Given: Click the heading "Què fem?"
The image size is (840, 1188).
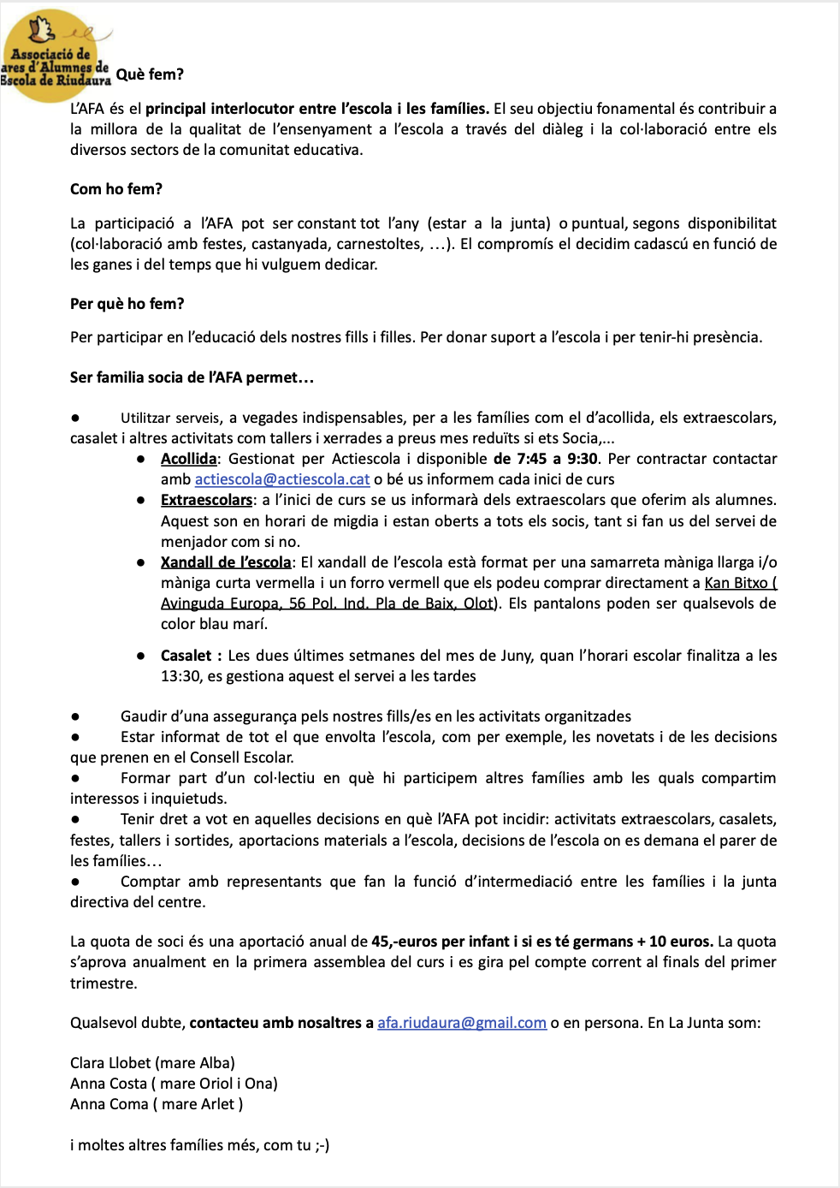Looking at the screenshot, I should tap(150, 74).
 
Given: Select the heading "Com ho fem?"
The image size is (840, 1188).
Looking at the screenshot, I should tap(116, 189).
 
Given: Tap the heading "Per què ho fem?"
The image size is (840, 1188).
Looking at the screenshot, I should tap(127, 304).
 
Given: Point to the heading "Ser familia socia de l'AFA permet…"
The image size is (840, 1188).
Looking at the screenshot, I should tap(192, 377).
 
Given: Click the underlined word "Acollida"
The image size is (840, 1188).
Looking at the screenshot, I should tap(188, 459).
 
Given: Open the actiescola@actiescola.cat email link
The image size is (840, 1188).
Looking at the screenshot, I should tap(282, 479).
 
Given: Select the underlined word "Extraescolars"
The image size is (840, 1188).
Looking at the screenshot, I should tap(206, 500).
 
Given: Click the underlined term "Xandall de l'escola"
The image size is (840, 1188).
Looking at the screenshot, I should tap(226, 562).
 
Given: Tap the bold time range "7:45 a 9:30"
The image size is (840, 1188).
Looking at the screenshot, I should tap(558, 459).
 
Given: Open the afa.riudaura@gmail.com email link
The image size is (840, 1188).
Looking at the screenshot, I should tap(462, 1023).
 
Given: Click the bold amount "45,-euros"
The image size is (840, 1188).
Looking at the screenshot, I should tap(405, 941).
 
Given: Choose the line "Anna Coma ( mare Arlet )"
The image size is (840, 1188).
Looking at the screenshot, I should tap(157, 1104).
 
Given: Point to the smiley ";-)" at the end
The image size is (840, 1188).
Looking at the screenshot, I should tap(322, 1145).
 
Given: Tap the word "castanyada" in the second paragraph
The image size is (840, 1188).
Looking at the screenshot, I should tap(292, 244).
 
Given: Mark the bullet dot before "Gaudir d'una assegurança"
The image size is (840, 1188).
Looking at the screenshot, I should tap(76, 716).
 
